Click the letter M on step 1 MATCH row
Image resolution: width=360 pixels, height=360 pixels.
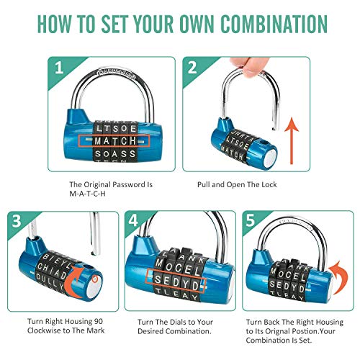pos(99,140)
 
